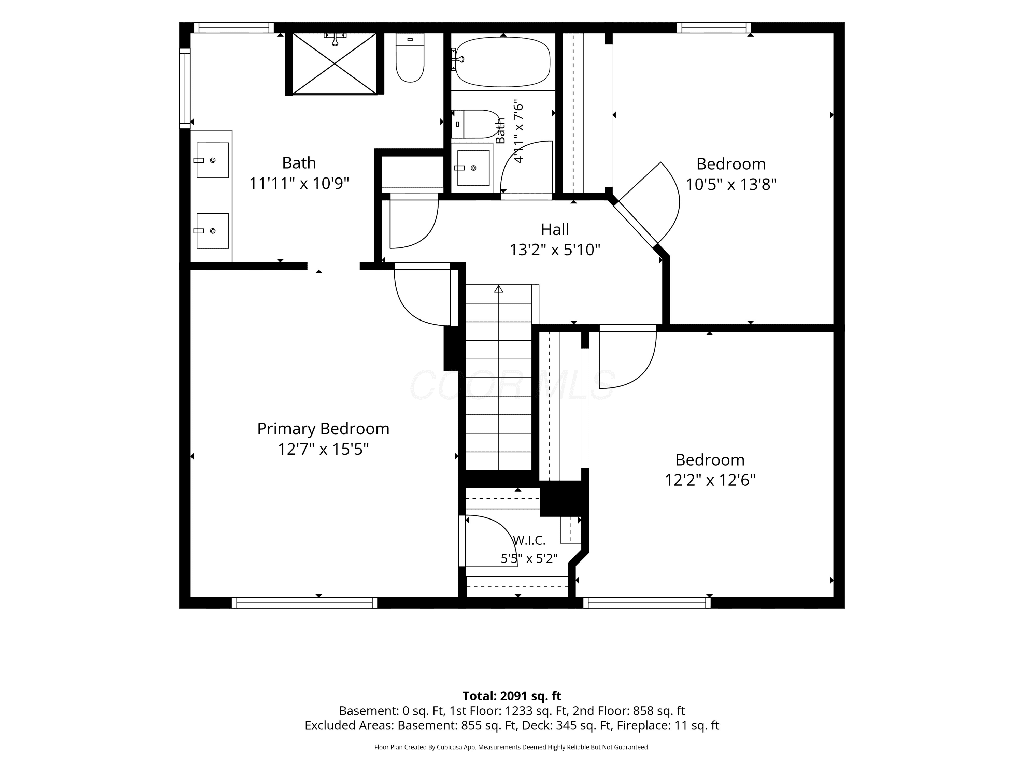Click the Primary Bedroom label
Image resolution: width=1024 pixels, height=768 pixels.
[x=323, y=429]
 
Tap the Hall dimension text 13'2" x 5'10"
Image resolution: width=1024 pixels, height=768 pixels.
[x=555, y=250]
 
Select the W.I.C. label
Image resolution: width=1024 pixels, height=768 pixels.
[x=529, y=540]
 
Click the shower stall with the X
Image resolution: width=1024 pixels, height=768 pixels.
[x=334, y=63]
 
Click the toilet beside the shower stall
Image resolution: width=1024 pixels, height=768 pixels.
[x=410, y=58]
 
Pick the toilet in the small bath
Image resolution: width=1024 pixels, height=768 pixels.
[x=474, y=124]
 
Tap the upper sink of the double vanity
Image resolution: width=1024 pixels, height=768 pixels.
[x=213, y=160]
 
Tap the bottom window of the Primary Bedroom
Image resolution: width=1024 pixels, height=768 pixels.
[x=304, y=603]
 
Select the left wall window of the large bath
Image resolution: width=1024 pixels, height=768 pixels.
[x=185, y=88]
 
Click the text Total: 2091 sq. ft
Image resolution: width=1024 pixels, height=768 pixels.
[x=512, y=696]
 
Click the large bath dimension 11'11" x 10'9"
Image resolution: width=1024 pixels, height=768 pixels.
[x=299, y=184]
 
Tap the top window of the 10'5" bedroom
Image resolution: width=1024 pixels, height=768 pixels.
[x=714, y=28]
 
